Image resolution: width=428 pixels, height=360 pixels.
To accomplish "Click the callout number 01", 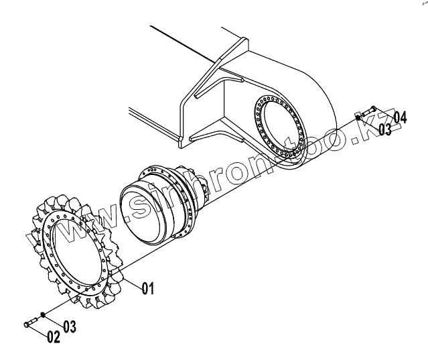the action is click(x=147, y=288).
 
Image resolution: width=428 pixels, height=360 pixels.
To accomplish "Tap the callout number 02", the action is click(x=54, y=337).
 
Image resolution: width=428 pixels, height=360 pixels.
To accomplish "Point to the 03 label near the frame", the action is click(x=384, y=129).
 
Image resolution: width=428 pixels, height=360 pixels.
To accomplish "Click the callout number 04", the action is click(x=399, y=119).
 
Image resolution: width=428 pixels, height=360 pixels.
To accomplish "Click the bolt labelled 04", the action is click(x=370, y=110).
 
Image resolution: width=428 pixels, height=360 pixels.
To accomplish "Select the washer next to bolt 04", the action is click(x=359, y=117).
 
